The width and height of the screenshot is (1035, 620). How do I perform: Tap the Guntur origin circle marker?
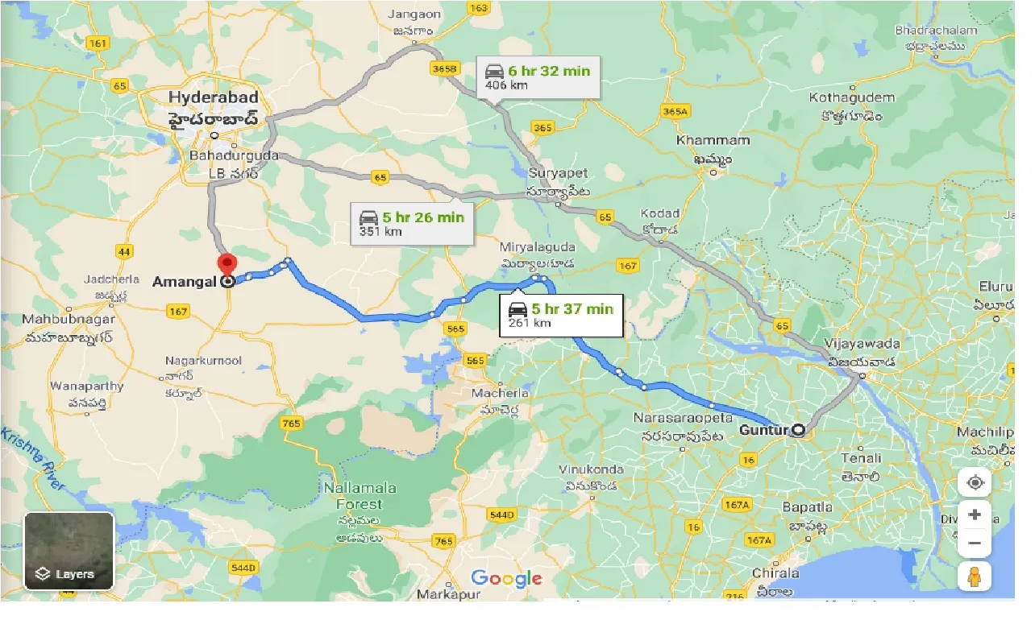coord(798,430)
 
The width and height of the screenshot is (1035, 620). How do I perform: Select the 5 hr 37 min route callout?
coord(561,315)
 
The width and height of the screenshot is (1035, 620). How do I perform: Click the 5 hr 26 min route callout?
coord(412,223)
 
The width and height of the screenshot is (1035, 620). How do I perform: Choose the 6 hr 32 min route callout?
coord(538,76)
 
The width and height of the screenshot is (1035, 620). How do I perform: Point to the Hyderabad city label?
coord(214,97)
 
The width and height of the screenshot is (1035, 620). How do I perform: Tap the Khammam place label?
coord(713,140)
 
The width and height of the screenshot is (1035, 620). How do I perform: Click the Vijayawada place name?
coord(862,344)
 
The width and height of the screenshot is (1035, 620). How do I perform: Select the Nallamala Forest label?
coord(353,496)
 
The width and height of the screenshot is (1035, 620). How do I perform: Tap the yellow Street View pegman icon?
coord(975,577)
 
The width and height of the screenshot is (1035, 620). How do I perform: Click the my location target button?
coord(975,482)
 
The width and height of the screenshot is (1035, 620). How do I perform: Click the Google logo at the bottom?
coord(506,578)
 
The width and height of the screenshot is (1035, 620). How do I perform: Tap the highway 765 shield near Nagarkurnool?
coord(292,423)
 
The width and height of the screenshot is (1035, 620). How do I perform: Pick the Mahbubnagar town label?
coord(69,320)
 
